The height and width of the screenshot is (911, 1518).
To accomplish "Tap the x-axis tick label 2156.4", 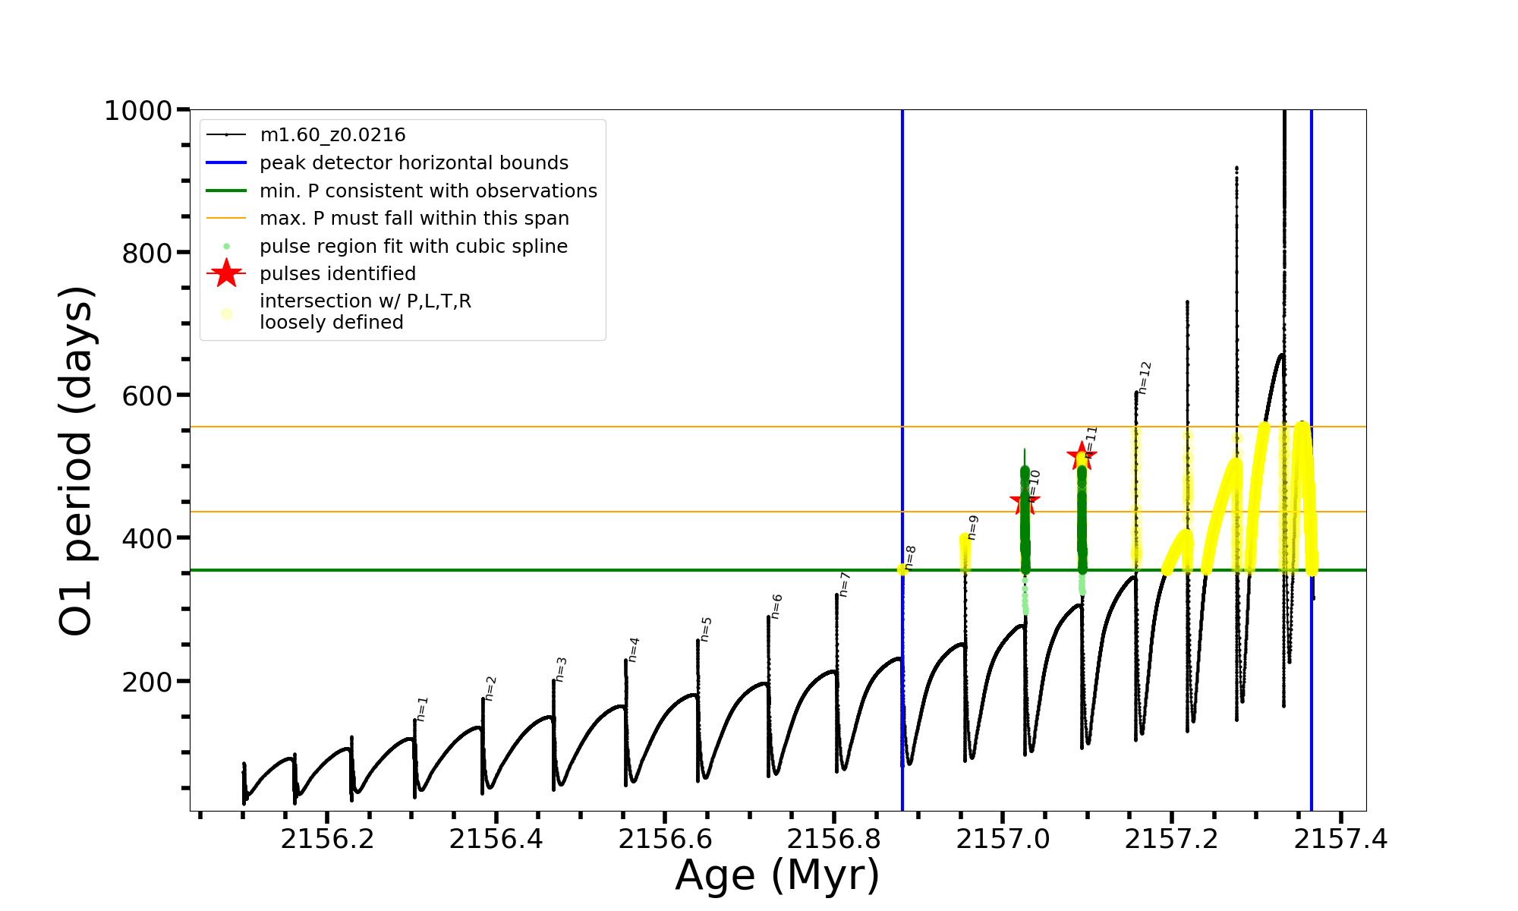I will click(496, 839).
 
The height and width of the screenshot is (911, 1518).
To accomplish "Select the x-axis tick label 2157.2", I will click(1171, 839).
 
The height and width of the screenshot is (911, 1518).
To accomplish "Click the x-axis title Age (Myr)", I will click(777, 875).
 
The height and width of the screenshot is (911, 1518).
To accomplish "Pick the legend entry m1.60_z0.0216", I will click(332, 135).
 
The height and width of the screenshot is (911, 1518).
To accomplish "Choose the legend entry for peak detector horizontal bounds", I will click(414, 163).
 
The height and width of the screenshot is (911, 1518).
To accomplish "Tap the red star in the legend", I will click(226, 273).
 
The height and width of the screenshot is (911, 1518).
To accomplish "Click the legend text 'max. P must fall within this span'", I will click(414, 219).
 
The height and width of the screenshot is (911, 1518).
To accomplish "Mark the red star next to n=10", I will click(1025, 501).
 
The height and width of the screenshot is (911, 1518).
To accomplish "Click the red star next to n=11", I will click(1081, 456).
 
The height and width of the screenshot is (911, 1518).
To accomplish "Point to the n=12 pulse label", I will click(1145, 377).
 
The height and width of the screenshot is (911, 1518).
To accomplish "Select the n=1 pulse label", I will click(423, 708).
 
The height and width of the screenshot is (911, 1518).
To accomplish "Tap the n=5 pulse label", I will click(706, 629).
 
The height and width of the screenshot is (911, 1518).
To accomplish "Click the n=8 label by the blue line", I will click(910, 557).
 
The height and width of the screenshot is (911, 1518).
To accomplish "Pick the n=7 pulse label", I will click(845, 585).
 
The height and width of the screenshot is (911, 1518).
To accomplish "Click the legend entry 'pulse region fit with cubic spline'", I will click(413, 247).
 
